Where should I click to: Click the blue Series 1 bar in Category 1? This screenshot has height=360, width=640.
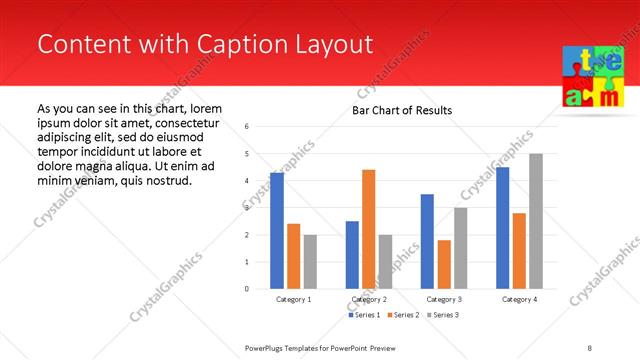pyautogui.click(x=277, y=231)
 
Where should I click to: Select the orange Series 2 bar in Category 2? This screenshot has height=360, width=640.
pyautogui.click(x=369, y=229)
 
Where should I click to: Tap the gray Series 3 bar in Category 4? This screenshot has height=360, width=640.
pyautogui.click(x=536, y=221)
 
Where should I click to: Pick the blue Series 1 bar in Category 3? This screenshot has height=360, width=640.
pyautogui.click(x=427, y=241)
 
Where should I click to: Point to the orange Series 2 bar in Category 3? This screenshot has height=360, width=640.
pyautogui.click(x=444, y=264)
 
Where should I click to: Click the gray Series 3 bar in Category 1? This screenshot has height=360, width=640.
pyautogui.click(x=310, y=261)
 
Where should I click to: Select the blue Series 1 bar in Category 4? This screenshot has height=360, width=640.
pyautogui.click(x=502, y=228)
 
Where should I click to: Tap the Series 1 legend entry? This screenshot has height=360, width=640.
pyautogui.click(x=364, y=315)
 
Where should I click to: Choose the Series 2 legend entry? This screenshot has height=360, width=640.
pyautogui.click(x=402, y=315)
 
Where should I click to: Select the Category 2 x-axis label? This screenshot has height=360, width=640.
pyautogui.click(x=369, y=299)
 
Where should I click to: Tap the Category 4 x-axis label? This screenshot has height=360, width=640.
pyautogui.click(x=519, y=299)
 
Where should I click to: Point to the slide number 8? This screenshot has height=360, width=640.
pyautogui.click(x=589, y=347)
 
